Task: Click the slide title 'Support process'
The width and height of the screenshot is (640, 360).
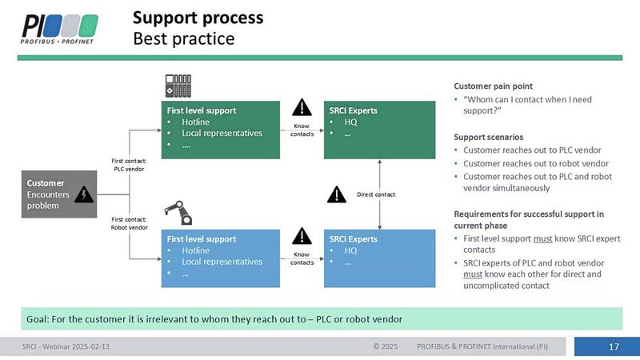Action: (197, 18)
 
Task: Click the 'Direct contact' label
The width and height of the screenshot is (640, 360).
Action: (376, 194)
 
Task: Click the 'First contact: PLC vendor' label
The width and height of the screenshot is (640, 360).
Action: (128, 165)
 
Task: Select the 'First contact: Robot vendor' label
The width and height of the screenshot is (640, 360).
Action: (128, 223)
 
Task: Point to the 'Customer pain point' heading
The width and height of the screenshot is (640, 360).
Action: (493, 86)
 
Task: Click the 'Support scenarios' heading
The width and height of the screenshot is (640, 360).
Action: (489, 137)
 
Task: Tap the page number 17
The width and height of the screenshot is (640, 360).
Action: (614, 346)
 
